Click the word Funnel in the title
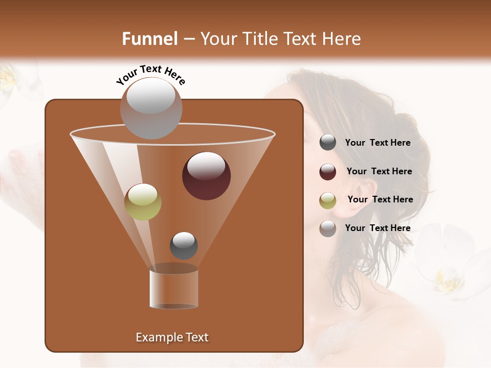[x=149, y=39]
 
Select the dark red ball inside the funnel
[x=206, y=176]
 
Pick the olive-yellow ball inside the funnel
[x=143, y=202]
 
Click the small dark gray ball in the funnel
[x=184, y=245]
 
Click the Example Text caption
[x=172, y=337]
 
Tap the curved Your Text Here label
[x=151, y=75]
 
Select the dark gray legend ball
[x=328, y=143]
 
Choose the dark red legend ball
[x=328, y=172]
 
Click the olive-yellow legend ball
[x=328, y=200]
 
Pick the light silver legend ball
[x=328, y=228]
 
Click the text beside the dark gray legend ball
[x=377, y=143]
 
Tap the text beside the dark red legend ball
[x=379, y=172]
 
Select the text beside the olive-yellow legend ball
[x=380, y=200]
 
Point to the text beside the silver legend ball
[x=377, y=228]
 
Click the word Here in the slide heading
[x=342, y=39]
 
